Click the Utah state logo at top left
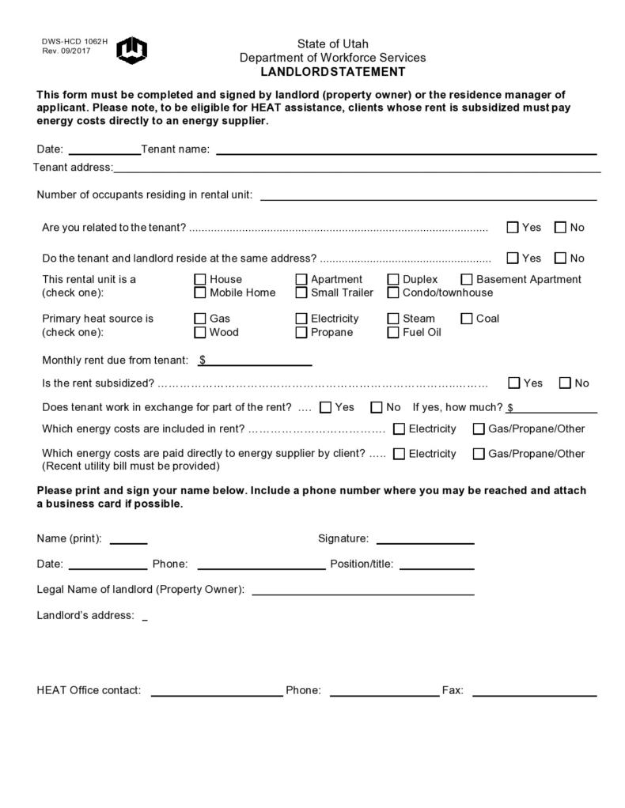pyautogui.click(x=131, y=50)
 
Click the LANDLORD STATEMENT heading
pyautogui.click(x=332, y=72)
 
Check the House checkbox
pyautogui.click(x=200, y=279)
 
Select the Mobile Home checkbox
pyautogui.click(x=200, y=293)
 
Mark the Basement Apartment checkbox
pyautogui.click(x=467, y=279)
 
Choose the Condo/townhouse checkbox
pyautogui.click(x=393, y=293)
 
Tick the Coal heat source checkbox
pyautogui.click(x=467, y=319)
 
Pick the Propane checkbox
pyautogui.click(x=301, y=333)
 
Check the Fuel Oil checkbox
pyautogui.click(x=393, y=333)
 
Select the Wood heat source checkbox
pyautogui.click(x=200, y=333)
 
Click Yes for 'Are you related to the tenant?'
pyautogui.click(x=513, y=228)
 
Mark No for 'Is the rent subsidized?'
pyautogui.click(x=565, y=383)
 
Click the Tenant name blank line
pyautogui.click(x=406, y=150)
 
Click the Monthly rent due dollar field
pyautogui.click(x=257, y=361)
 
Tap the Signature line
pyautogui.click(x=425, y=540)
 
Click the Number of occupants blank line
pyautogui.click(x=428, y=196)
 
